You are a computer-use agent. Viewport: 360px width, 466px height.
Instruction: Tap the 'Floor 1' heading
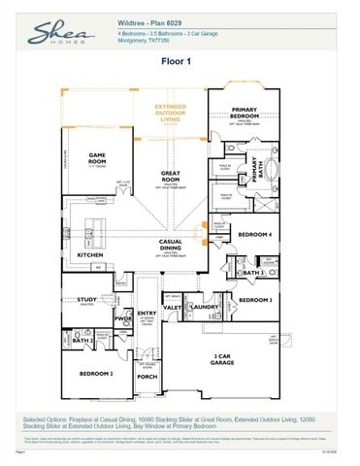click(x=180, y=61)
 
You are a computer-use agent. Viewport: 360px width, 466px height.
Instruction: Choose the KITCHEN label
click(x=91, y=255)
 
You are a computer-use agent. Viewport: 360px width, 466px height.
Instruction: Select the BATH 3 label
click(x=254, y=274)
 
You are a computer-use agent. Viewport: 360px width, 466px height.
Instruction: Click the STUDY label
click(x=87, y=301)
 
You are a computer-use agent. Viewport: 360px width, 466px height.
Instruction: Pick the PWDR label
click(x=123, y=317)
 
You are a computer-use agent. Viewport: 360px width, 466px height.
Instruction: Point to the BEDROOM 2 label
click(x=97, y=373)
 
